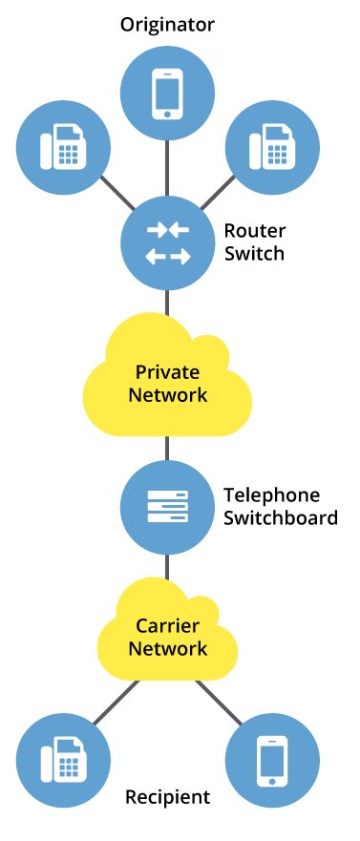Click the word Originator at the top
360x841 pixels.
(167, 25)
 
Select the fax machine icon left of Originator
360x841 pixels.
(63, 146)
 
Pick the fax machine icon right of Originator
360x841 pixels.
(272, 146)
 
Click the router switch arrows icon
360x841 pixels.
(168, 244)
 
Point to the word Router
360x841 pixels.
(254, 231)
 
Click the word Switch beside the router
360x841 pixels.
(254, 254)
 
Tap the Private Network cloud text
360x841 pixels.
(168, 384)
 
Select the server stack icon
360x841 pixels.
(168, 507)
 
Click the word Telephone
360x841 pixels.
(271, 495)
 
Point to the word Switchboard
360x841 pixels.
(281, 518)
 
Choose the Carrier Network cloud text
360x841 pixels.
(168, 637)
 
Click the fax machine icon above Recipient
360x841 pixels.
(63, 760)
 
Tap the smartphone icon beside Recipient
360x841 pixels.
(272, 761)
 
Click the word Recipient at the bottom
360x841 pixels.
(168, 797)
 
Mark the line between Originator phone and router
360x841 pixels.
(167, 168)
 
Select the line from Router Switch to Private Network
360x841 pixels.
(167, 303)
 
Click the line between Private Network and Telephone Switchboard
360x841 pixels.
(167, 449)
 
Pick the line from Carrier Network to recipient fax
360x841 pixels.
(116, 703)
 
